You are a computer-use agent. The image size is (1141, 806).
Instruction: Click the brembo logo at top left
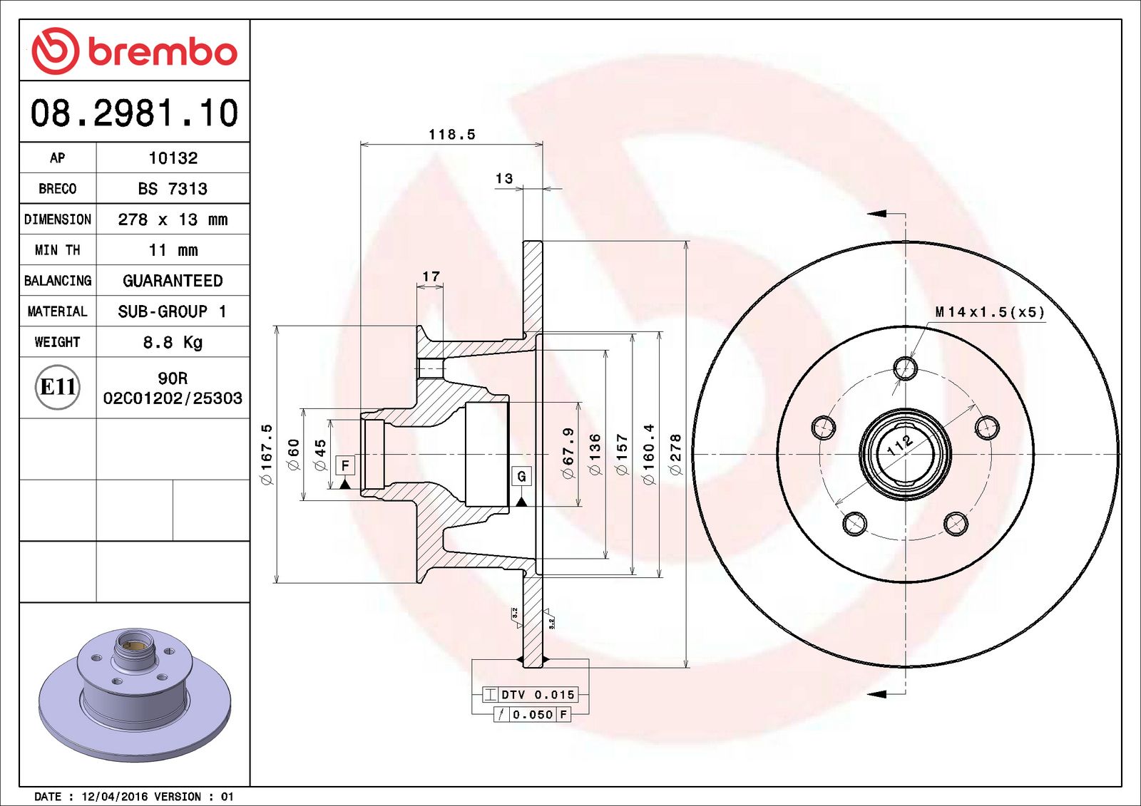pos(134,51)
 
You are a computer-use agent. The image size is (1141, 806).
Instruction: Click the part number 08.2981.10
pos(134,113)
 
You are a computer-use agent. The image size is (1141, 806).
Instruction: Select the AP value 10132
pos(173,158)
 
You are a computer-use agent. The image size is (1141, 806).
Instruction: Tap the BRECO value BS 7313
pos(173,189)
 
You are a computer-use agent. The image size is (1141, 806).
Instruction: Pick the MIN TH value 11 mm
pos(173,250)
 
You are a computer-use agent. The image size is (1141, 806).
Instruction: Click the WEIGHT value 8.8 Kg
pos(173,342)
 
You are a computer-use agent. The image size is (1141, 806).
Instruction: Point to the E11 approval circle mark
pos(57,387)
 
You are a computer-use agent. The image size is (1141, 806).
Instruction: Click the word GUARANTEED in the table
pos(173,281)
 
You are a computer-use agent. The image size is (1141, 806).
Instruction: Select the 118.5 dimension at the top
pos(451,135)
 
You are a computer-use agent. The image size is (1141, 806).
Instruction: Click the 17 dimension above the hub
pos(431,277)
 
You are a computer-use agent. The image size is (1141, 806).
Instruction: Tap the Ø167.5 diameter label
pos(267,455)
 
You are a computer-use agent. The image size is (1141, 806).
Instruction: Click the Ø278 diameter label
pos(675,455)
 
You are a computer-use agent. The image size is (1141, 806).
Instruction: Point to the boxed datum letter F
pos(345,465)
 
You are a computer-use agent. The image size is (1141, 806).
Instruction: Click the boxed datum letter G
pos(521,476)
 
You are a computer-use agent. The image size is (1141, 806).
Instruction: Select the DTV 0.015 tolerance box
pos(531,694)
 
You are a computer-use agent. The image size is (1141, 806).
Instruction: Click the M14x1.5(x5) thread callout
pos(989,312)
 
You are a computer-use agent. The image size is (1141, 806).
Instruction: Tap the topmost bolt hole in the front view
pos(905,368)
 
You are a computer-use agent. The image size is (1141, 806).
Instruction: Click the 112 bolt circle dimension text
pos(899,445)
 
